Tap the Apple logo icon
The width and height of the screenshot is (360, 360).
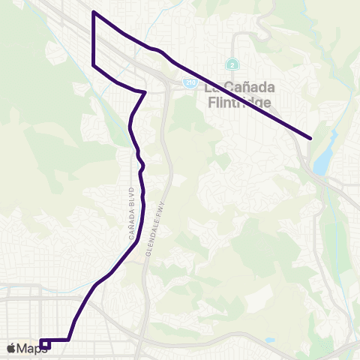click(x=11, y=348)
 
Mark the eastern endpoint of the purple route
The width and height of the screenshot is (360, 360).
click(x=310, y=138)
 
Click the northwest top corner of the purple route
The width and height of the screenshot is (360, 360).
click(x=93, y=12)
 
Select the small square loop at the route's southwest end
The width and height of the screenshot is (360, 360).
click(x=45, y=343)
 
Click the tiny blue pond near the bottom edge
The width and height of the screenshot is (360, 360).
click(x=268, y=340)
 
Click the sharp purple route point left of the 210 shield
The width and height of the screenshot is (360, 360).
click(x=145, y=92)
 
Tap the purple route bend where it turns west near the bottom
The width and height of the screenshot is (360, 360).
click(x=70, y=340)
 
